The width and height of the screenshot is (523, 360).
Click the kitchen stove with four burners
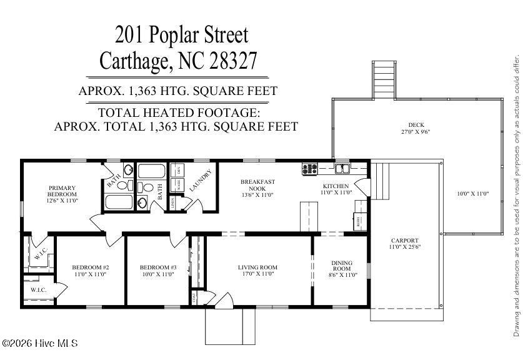coord(309,167)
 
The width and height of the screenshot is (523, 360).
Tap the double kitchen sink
coord(341,167)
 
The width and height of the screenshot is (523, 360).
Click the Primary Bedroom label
coord(62,191)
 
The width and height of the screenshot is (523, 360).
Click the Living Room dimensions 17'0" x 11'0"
coord(257,274)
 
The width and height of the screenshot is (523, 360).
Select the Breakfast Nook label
coord(257,185)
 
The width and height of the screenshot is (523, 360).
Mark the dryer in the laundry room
coord(179,170)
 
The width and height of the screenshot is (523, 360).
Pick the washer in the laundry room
coord(179,185)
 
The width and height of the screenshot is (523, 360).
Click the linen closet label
coord(172,201)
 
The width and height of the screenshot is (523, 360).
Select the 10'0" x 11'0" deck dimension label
coord(472,194)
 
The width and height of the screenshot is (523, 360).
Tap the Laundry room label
coord(201,180)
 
